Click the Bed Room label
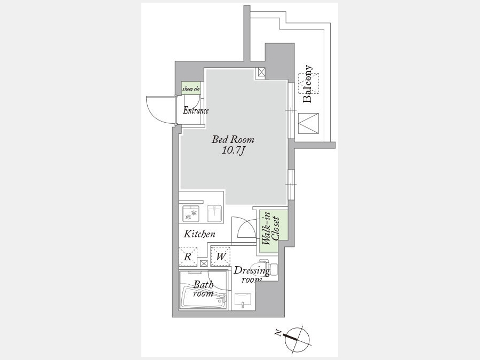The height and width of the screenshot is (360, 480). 233,140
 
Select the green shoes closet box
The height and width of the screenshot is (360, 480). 191,89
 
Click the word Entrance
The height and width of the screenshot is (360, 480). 196,110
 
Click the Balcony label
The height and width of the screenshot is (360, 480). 307,84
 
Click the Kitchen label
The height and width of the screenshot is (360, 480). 199,234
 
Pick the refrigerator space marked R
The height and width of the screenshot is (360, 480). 188,257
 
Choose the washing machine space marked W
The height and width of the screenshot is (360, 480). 220,256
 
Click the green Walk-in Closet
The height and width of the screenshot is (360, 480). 274,231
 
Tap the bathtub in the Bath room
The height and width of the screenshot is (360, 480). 204,297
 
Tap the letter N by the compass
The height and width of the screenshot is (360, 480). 278,333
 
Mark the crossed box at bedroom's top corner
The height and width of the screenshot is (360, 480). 261,73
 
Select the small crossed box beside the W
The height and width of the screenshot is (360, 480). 204,263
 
